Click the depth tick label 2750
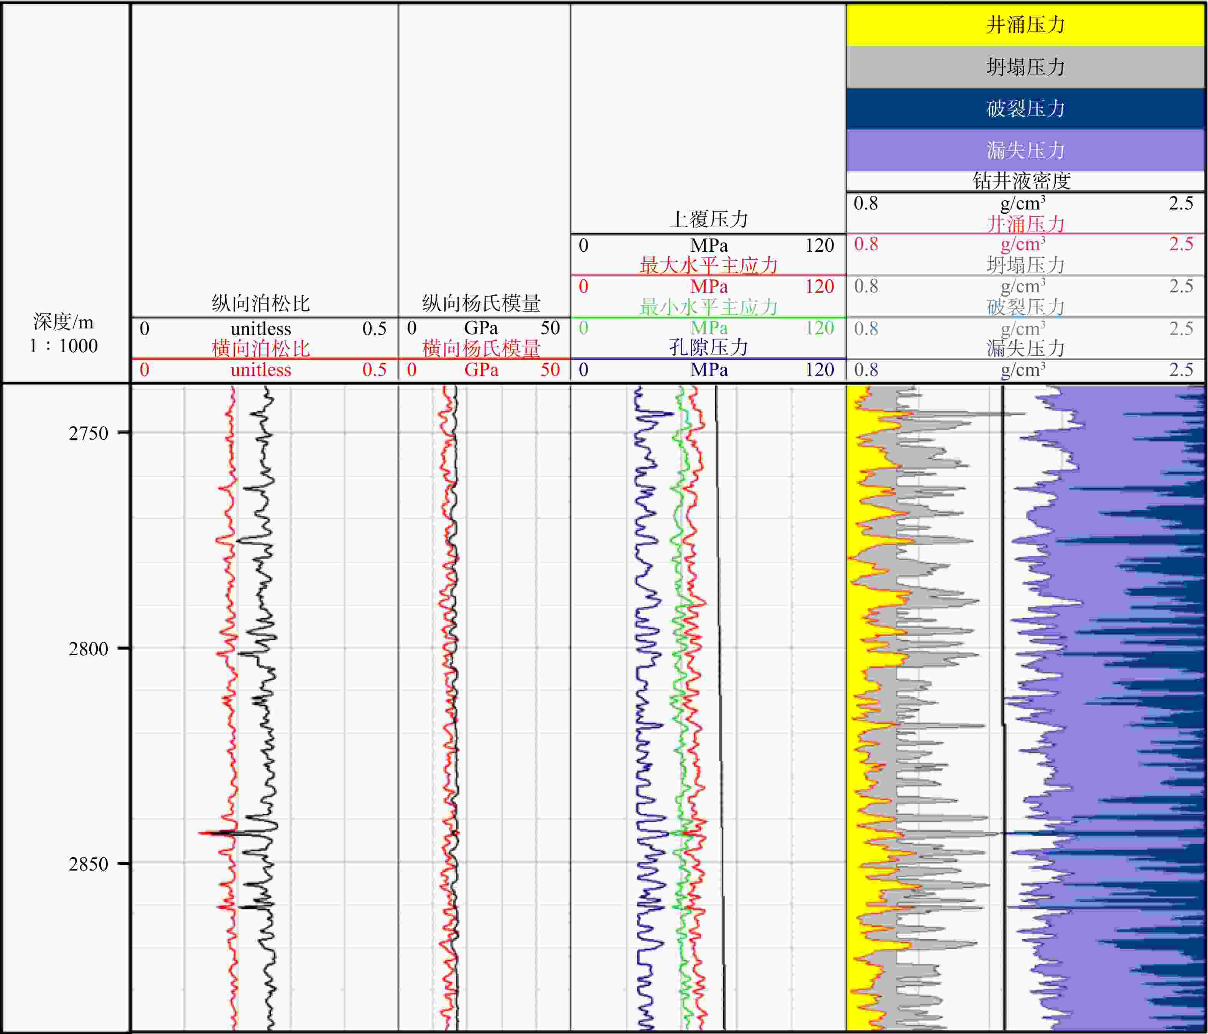[89, 433]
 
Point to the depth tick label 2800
[89, 648]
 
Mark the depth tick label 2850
[89, 864]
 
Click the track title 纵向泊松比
[261, 303]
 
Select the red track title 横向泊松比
[261, 349]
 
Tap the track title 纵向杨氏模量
[482, 303]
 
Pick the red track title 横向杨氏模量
[482, 349]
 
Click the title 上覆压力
[708, 219]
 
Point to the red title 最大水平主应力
[708, 266]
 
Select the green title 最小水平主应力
[708, 307]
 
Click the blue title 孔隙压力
[708, 348]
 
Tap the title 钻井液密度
[1022, 181]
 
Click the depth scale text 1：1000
[64, 346]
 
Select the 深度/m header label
[64, 322]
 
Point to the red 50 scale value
[550, 370]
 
